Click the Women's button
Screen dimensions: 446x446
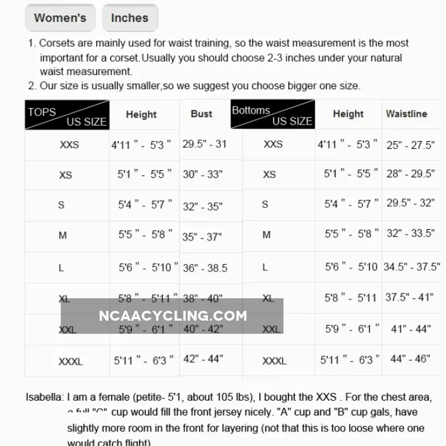coord(60,18)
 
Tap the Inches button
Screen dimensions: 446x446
coord(130,18)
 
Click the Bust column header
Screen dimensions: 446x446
coord(201,114)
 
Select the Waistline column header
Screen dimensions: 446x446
coord(406,114)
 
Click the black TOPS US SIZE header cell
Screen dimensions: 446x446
coord(67,115)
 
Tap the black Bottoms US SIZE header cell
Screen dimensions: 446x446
coord(273,114)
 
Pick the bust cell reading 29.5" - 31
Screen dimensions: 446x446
coord(204,144)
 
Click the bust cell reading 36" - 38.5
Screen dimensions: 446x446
coord(205,268)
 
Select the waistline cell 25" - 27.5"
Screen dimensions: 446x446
coord(410,145)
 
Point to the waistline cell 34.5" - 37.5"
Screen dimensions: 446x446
coord(412,267)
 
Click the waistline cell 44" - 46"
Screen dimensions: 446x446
coord(410,359)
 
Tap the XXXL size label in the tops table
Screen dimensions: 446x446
coord(71,362)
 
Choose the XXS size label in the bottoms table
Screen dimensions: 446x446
coord(273,144)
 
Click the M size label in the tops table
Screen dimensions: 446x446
coord(63,236)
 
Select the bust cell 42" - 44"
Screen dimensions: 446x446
coord(203,359)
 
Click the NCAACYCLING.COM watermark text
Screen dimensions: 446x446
coord(173,316)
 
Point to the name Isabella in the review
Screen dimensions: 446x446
coord(44,397)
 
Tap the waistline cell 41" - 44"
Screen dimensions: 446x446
coord(410,329)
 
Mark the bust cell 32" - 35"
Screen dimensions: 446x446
coord(202,206)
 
